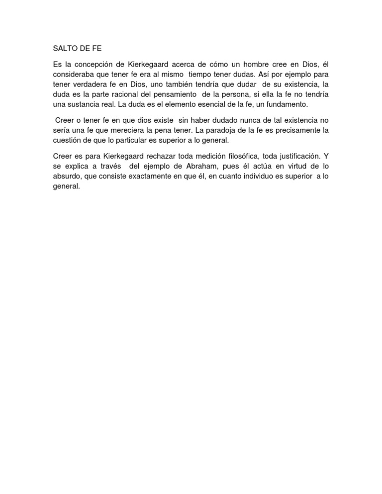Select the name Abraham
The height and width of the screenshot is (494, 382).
click(x=199, y=165)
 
